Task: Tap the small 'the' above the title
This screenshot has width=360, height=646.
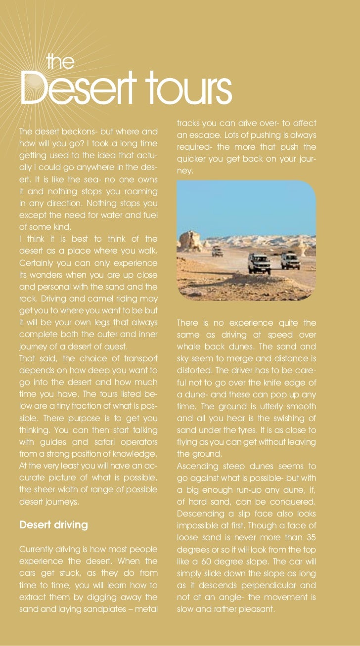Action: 60,62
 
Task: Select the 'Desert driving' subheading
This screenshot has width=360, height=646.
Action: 53,524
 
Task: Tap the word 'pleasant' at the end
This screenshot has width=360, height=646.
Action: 256,608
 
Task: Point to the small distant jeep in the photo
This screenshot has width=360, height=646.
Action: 217,252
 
